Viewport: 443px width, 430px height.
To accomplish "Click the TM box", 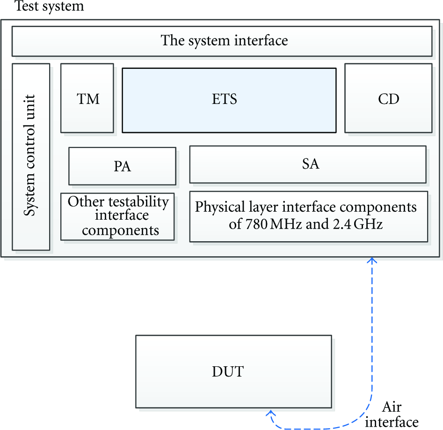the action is click(87, 98).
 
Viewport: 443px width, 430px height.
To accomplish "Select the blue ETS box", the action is click(229, 100).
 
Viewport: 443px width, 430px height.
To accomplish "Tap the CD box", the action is click(388, 98).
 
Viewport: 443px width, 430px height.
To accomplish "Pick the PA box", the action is click(123, 166).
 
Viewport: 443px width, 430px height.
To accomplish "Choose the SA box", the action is click(308, 164).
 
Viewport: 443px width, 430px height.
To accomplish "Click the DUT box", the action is click(233, 371).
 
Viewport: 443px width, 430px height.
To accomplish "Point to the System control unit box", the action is click(31, 157).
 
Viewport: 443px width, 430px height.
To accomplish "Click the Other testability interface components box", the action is click(117, 217).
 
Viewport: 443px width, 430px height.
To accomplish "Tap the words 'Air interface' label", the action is click(392, 415).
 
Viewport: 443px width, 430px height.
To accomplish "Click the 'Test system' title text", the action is click(49, 6).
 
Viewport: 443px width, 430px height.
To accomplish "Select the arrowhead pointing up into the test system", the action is click(372, 260).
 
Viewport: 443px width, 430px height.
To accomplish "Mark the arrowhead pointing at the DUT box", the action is click(270, 413).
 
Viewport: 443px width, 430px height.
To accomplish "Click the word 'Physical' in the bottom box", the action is click(220, 207).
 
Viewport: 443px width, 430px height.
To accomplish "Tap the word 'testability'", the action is click(139, 202).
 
